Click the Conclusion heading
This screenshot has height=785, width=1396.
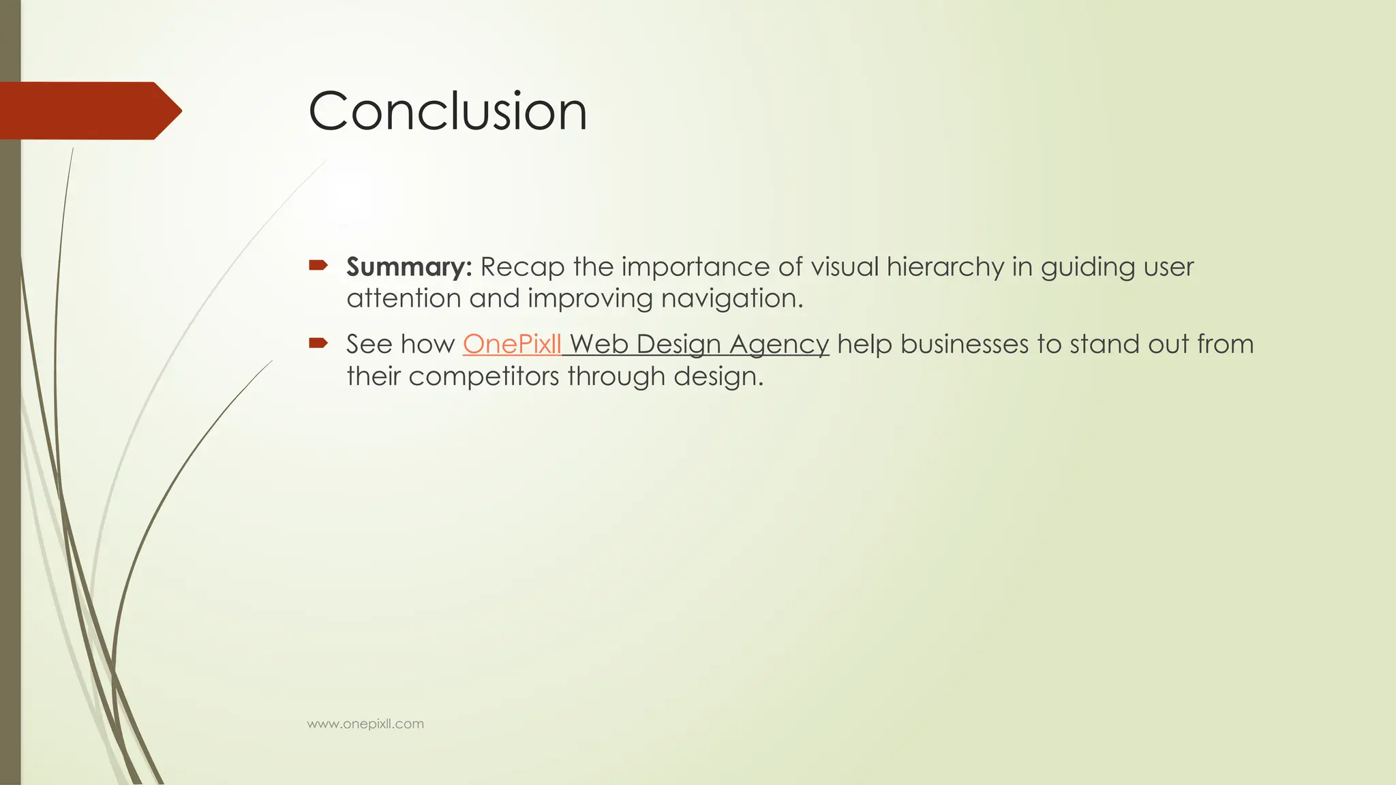point(447,111)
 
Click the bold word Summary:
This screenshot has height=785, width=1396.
point(409,266)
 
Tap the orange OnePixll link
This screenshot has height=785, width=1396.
point(512,344)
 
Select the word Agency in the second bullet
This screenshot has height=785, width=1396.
point(779,345)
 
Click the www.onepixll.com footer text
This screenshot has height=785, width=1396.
point(365,724)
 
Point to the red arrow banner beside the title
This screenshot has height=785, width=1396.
point(89,110)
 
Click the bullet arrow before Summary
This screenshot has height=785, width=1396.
point(318,265)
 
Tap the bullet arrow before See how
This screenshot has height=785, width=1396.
point(318,343)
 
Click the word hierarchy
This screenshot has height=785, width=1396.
point(945,267)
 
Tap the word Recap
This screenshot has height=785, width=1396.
point(523,267)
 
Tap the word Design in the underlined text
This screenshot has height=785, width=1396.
point(679,345)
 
